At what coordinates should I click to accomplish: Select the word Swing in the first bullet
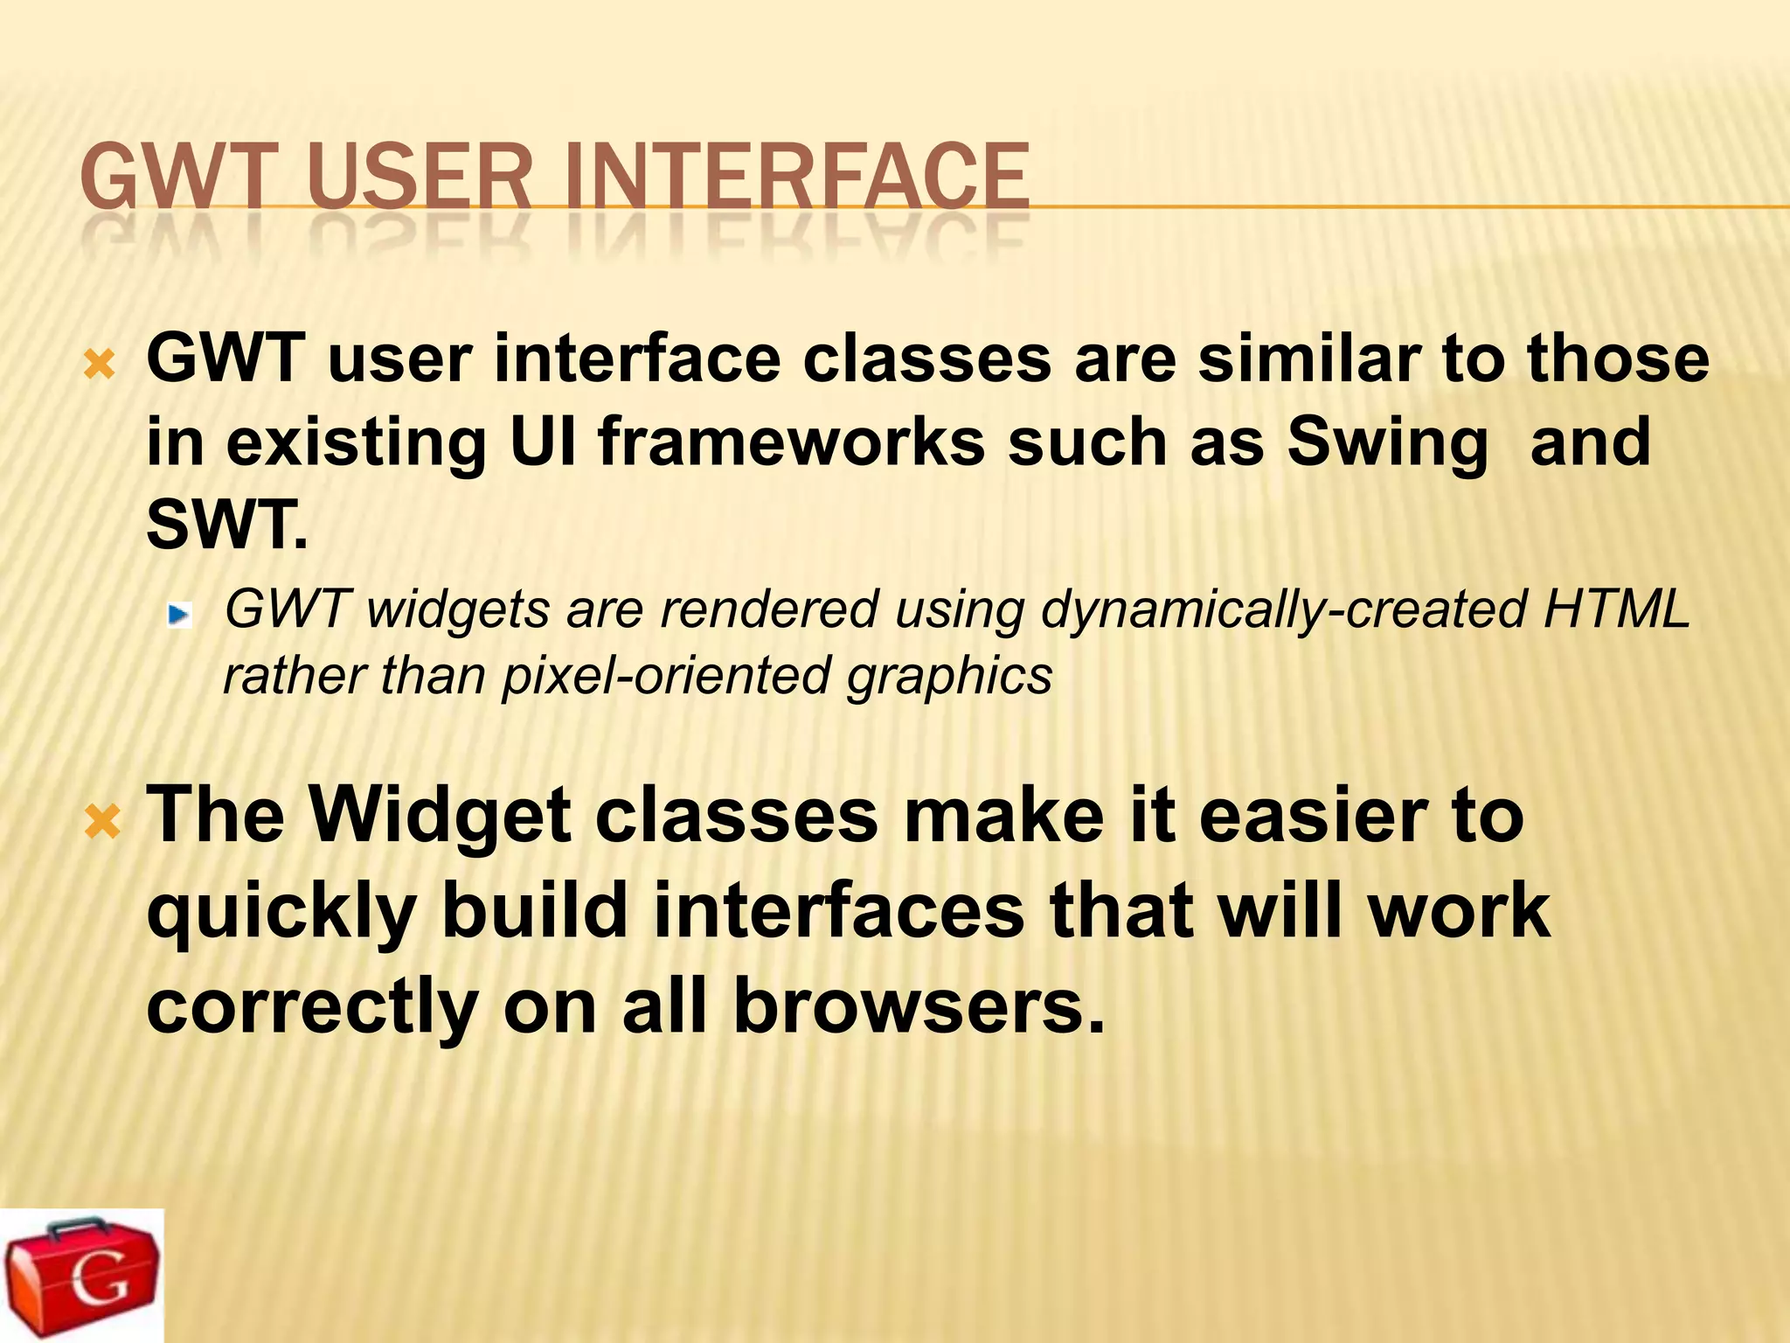coord(1387,442)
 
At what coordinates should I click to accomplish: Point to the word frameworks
coord(792,442)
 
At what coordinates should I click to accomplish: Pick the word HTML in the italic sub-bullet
coord(1616,609)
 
